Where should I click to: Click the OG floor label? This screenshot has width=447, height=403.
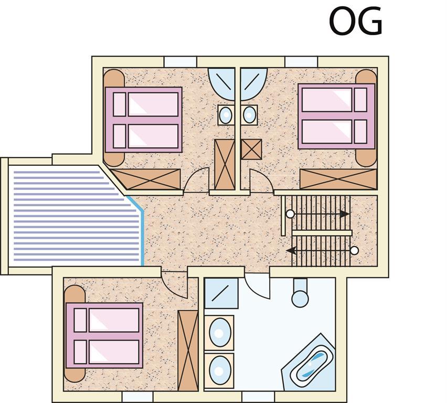point(355,21)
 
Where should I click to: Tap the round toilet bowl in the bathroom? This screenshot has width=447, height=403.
point(300,298)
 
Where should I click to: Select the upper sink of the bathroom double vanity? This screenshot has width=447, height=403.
point(220,333)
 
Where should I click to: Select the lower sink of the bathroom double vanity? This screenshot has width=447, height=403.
point(220,370)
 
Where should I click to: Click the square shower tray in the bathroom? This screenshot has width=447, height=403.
point(221,293)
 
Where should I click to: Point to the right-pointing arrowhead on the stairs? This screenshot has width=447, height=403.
point(345,214)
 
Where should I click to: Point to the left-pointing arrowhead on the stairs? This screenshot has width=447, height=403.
point(291,251)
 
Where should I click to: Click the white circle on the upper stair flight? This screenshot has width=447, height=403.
point(290,214)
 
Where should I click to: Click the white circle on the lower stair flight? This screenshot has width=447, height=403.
point(354,251)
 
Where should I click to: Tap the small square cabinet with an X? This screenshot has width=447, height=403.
point(251,149)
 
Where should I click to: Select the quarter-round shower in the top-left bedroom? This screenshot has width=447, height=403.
point(221,84)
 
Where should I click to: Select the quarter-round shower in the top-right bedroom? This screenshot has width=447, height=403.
point(254,84)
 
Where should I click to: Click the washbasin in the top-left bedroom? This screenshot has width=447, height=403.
point(226,115)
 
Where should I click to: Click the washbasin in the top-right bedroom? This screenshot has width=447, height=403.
point(249,115)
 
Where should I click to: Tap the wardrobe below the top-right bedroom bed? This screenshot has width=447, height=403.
point(338,179)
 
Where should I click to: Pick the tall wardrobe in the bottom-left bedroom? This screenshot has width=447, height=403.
point(188,351)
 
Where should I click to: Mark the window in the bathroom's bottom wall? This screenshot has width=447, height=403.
point(258,397)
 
